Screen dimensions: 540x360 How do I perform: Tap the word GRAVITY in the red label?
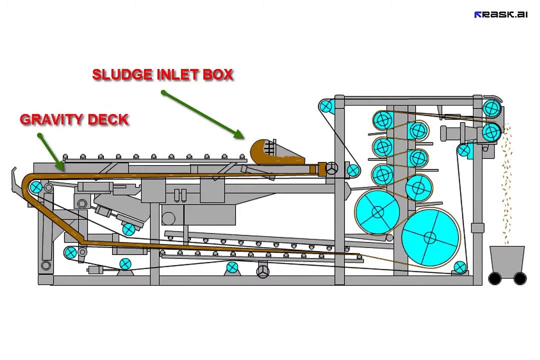click(51, 119)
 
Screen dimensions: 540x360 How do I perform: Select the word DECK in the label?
click(108, 119)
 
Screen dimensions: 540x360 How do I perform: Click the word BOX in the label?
click(217, 75)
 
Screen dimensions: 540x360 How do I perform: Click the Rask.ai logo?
click(500, 14)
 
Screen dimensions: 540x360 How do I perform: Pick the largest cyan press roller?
click(430, 237)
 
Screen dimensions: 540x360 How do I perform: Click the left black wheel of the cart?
click(495, 278)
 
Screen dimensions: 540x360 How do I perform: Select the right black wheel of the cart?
click(520, 278)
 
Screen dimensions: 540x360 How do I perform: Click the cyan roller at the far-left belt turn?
click(36, 188)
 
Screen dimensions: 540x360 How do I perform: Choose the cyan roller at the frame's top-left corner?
click(325, 106)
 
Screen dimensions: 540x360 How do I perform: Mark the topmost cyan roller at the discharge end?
click(491, 108)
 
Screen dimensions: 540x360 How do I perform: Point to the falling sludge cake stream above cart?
click(506, 182)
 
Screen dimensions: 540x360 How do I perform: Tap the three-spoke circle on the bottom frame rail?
click(263, 271)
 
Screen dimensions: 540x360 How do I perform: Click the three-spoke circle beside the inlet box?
click(332, 168)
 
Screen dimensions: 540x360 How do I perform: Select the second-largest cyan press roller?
click(378, 212)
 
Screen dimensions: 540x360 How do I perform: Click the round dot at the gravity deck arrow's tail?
click(40, 135)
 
